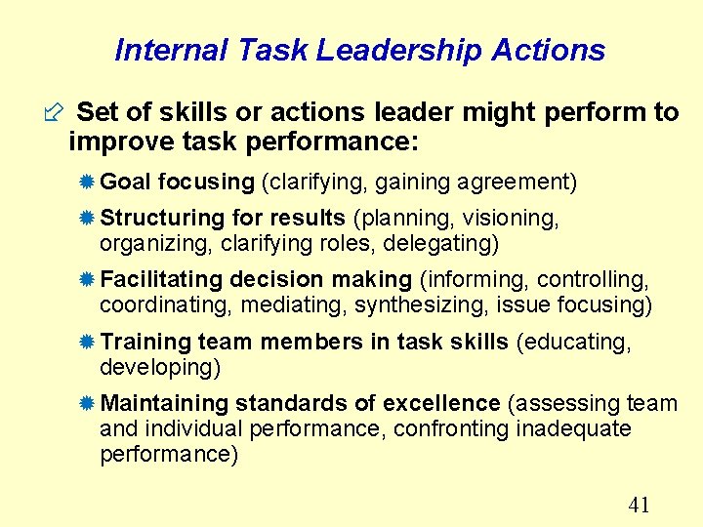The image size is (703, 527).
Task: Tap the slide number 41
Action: [640, 504]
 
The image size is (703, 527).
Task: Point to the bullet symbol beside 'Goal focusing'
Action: [88, 182]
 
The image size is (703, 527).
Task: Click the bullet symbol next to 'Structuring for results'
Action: [88, 218]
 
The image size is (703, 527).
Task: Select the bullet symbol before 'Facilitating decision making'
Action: [88, 280]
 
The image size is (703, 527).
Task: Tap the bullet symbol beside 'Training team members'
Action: [88, 342]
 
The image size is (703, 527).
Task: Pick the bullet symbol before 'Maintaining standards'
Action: [88, 404]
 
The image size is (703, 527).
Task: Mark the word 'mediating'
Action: [298, 305]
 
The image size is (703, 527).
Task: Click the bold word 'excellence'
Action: [441, 404]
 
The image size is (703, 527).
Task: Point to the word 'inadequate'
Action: [573, 429]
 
